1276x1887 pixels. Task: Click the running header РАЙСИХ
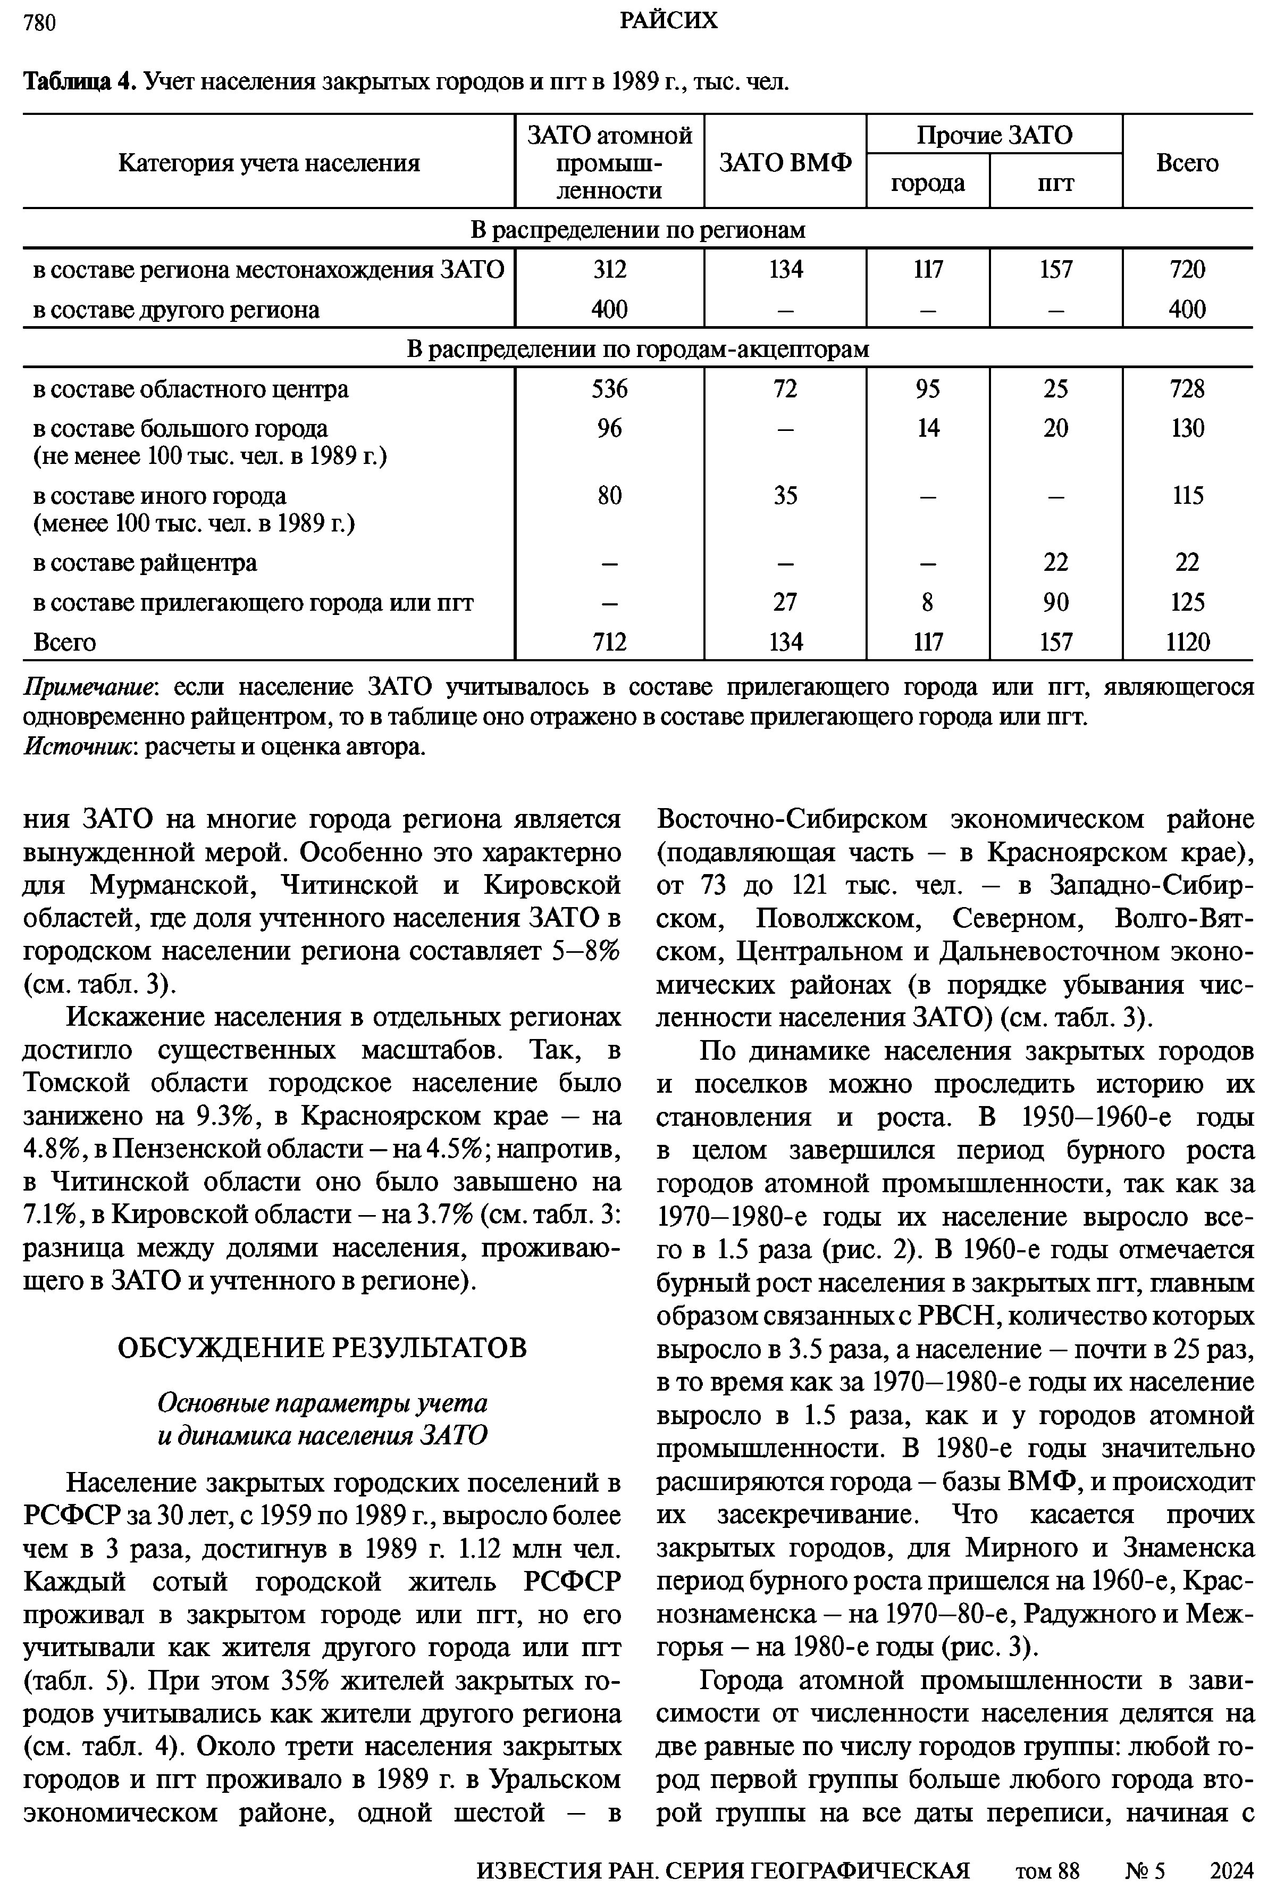(x=668, y=20)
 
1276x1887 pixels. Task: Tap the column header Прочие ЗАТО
(x=994, y=135)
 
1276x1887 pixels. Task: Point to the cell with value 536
(x=610, y=389)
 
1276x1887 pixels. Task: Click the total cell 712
(x=610, y=642)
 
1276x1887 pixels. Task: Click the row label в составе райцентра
(x=145, y=563)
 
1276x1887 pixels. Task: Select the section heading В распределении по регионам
(x=638, y=230)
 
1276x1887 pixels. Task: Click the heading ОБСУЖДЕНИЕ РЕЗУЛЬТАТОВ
(x=322, y=1348)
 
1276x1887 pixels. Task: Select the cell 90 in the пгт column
(x=1055, y=602)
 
